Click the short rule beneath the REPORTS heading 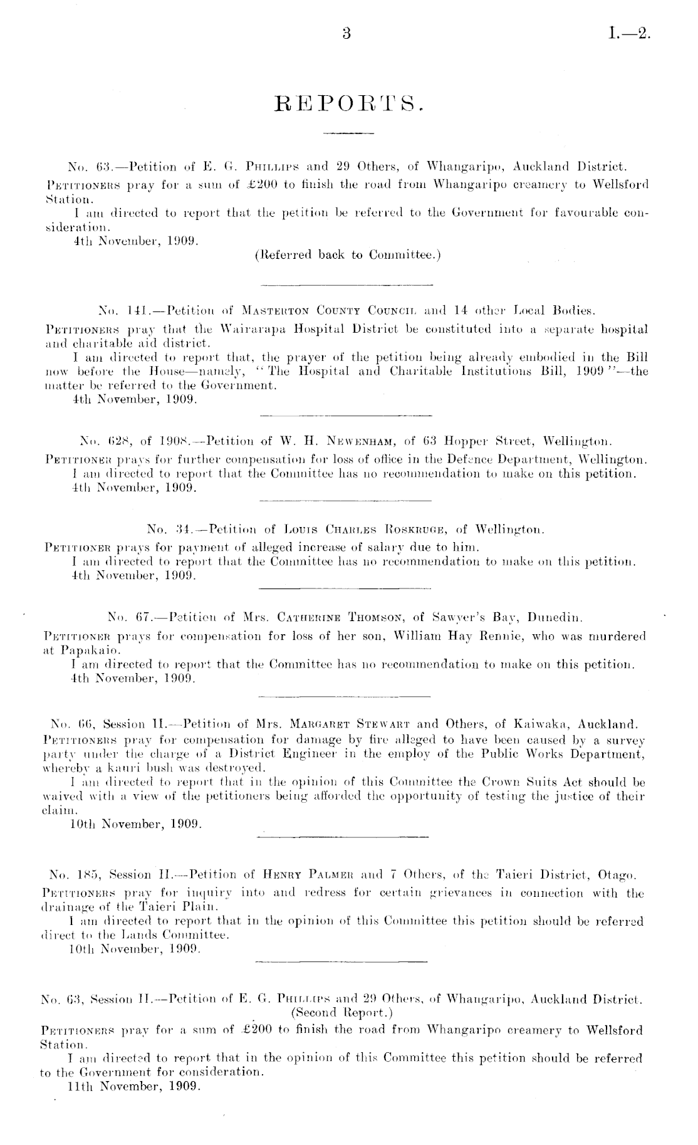346,133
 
